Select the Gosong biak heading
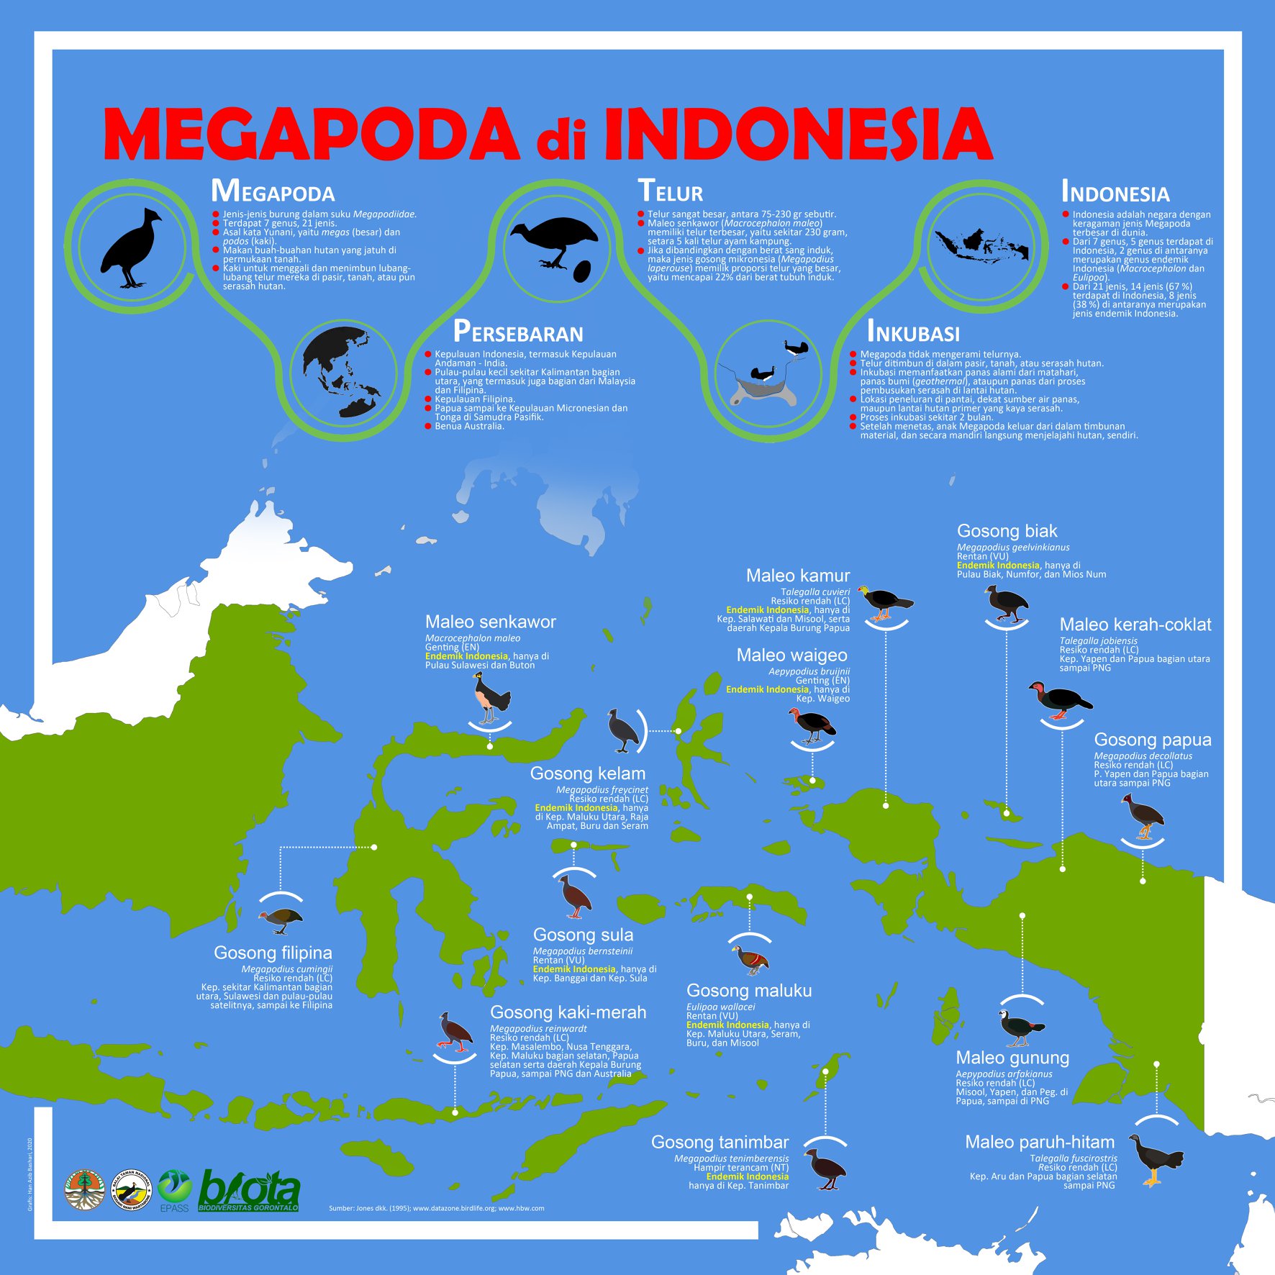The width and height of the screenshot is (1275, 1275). coord(1007,531)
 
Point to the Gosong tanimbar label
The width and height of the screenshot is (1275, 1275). coord(720,1142)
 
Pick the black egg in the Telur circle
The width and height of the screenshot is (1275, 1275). coord(582,271)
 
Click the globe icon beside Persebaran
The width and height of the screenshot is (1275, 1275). coord(342,372)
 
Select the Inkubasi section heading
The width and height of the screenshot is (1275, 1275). coord(913,332)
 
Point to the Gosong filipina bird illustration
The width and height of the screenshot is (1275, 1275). coord(280,920)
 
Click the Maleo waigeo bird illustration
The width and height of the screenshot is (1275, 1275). coord(812,725)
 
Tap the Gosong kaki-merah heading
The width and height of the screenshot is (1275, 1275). coord(568,1012)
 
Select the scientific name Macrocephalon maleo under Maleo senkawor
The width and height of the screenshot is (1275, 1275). coord(472,638)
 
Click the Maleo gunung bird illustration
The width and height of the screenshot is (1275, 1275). coord(1020,1027)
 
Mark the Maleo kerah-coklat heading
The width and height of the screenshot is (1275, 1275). coord(1135,625)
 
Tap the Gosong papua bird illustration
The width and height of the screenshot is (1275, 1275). coord(1143,817)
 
